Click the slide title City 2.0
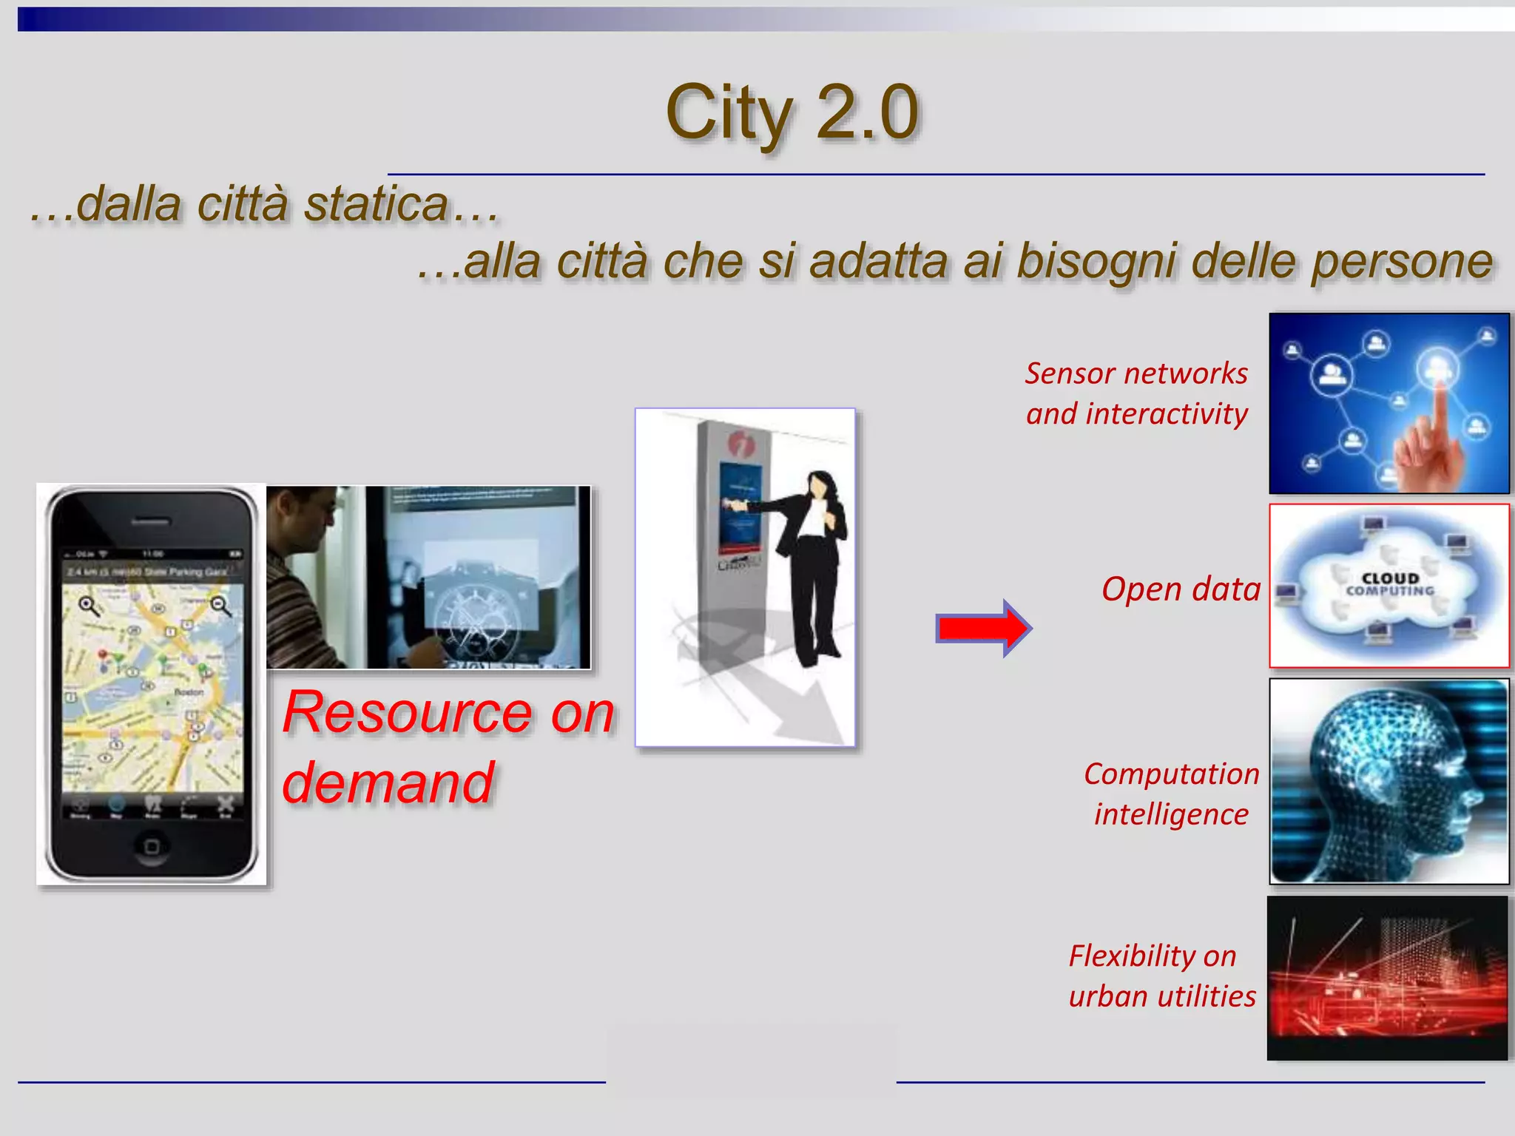click(x=792, y=112)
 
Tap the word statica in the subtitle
click(x=376, y=204)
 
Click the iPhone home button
click(x=152, y=845)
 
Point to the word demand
click(x=388, y=782)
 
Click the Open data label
click(x=1181, y=589)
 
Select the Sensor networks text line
click(x=1136, y=373)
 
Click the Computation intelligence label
click(x=1172, y=794)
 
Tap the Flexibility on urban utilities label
click(x=1161, y=976)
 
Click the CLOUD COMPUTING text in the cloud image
click(x=1390, y=584)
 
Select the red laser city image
click(x=1388, y=978)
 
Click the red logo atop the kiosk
click(x=740, y=444)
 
